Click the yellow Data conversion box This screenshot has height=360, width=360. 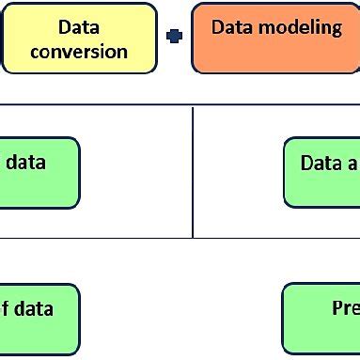click(79, 39)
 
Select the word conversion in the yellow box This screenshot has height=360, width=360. click(79, 51)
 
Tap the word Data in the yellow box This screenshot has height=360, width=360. click(79, 28)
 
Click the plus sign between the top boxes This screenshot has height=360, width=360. click(174, 37)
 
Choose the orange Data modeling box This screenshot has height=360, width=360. click(275, 39)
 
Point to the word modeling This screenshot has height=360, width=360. click(301, 27)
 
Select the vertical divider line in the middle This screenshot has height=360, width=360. click(193, 169)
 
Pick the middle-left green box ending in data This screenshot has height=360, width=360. click(38, 173)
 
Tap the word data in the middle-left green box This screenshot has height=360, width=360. click(25, 162)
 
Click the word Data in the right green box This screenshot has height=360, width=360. click(321, 163)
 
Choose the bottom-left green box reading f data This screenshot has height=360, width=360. click(38, 320)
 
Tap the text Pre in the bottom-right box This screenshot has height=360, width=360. click(344, 308)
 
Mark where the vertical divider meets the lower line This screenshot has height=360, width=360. click(193, 238)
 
